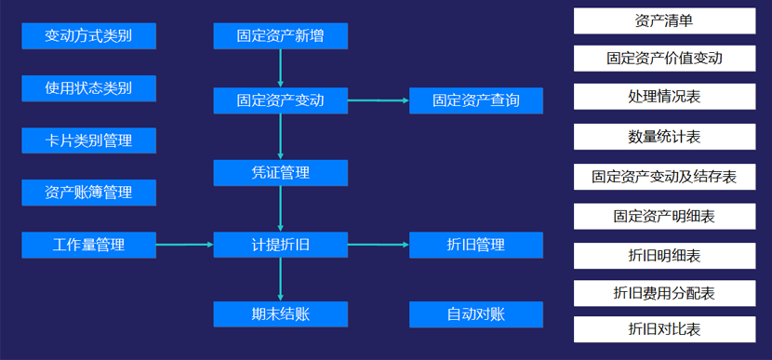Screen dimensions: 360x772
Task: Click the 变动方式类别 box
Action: (88, 36)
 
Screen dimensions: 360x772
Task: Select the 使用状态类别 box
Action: (88, 88)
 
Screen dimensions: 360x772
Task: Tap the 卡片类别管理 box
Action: (88, 140)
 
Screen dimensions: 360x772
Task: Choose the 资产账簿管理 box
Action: (88, 193)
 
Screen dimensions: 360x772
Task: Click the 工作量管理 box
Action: (88, 246)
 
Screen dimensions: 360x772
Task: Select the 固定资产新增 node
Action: (280, 36)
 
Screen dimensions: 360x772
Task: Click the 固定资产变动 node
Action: (280, 100)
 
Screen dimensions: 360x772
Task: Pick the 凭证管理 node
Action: (280, 172)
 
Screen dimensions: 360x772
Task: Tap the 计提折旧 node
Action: (280, 246)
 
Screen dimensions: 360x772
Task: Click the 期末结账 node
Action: (280, 314)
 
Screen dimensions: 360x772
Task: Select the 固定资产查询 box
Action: (476, 100)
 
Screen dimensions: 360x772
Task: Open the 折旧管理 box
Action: (476, 246)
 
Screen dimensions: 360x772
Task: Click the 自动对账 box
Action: (476, 314)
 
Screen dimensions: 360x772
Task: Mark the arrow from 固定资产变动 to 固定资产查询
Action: (379, 100)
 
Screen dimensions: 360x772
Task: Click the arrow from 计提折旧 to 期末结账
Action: (280, 280)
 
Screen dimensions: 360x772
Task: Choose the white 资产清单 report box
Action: (664, 20)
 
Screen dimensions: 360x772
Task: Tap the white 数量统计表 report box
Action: (664, 137)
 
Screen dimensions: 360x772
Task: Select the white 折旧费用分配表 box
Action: (664, 293)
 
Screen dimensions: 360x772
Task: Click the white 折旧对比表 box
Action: (664, 329)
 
